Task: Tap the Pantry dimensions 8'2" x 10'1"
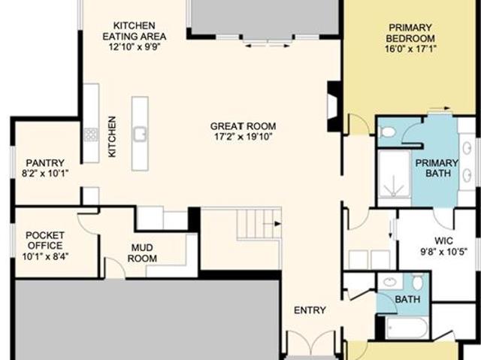45,174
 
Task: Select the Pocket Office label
45,241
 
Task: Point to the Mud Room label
142,253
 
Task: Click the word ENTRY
310,310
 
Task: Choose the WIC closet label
443,241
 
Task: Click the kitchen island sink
141,134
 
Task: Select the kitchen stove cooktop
91,135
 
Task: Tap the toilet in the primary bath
388,132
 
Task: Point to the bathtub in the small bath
407,328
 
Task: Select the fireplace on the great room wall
334,107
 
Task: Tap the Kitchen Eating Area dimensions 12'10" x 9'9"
135,47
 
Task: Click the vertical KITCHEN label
112,137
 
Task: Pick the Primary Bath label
437,168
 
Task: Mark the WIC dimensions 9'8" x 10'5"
443,252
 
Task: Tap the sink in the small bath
390,282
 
